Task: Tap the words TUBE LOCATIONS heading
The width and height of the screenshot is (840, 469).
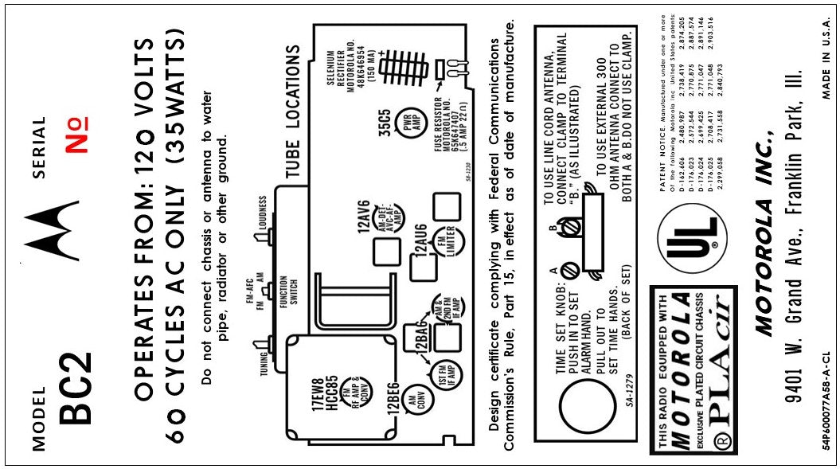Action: pos(293,119)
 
